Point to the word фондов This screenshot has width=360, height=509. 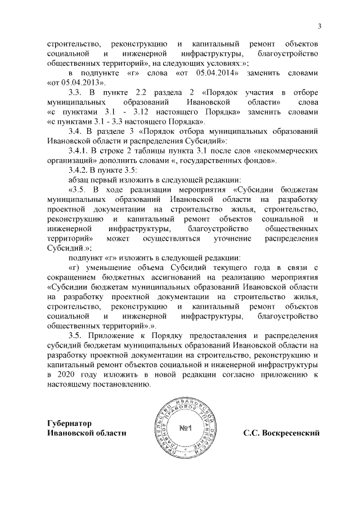coord(258,160)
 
